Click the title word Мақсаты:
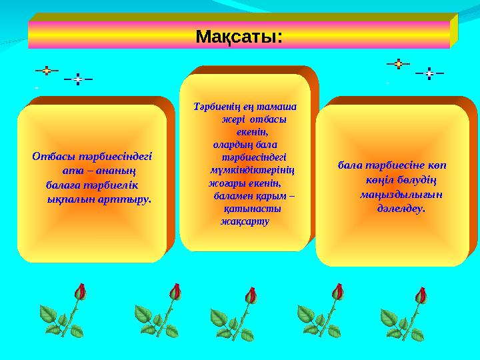239,36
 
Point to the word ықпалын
71,198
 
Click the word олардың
233,144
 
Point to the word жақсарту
244,221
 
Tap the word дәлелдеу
401,208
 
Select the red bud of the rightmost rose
421,294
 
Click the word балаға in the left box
63,185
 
